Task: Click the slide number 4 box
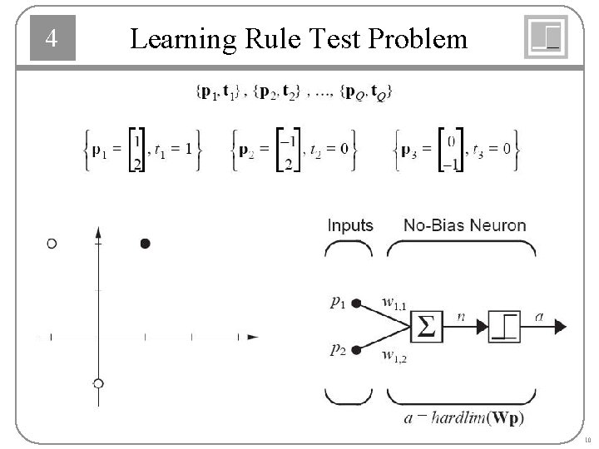[x=52, y=39]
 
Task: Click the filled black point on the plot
[x=146, y=244]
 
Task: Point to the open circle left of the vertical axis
[x=52, y=244]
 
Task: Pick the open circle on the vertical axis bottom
[x=98, y=383]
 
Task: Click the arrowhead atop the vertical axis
[x=98, y=231]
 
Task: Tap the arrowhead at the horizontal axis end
[x=252, y=337]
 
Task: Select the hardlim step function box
[x=504, y=328]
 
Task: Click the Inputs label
[x=350, y=225]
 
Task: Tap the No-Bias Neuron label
[x=464, y=225]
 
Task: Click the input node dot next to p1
[x=356, y=304]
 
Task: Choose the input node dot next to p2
[x=356, y=352]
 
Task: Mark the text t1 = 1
[x=174, y=150]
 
